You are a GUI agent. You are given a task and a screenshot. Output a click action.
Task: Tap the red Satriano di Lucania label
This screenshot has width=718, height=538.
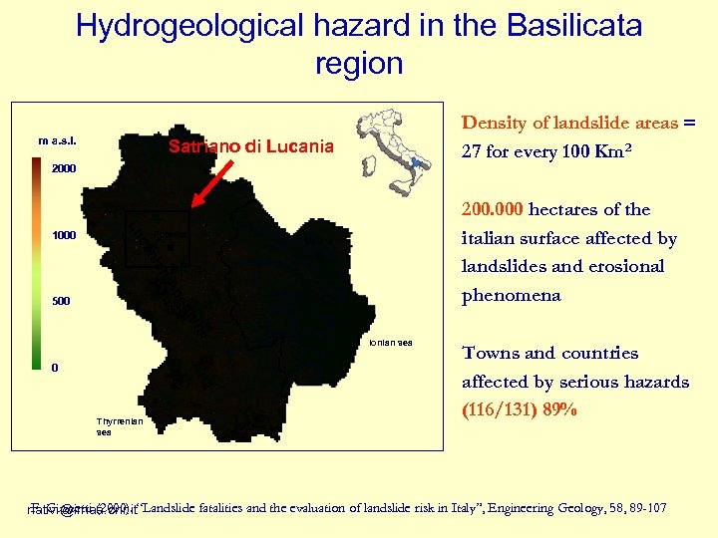[x=250, y=147]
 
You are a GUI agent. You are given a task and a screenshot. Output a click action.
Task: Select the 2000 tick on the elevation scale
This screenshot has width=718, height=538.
[x=64, y=169]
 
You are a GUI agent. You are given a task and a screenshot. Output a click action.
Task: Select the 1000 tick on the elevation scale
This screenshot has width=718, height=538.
[x=64, y=236]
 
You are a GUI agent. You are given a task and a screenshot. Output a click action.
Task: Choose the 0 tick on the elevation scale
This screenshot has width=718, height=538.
[x=56, y=368]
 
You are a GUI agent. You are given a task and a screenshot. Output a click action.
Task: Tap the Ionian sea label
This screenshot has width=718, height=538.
[x=389, y=343]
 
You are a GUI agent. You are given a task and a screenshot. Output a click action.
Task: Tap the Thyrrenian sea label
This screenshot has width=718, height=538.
[x=120, y=426]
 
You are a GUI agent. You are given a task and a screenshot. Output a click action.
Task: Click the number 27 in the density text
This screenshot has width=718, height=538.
[x=472, y=153]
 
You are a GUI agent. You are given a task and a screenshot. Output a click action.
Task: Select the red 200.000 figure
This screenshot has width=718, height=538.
[x=494, y=209]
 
